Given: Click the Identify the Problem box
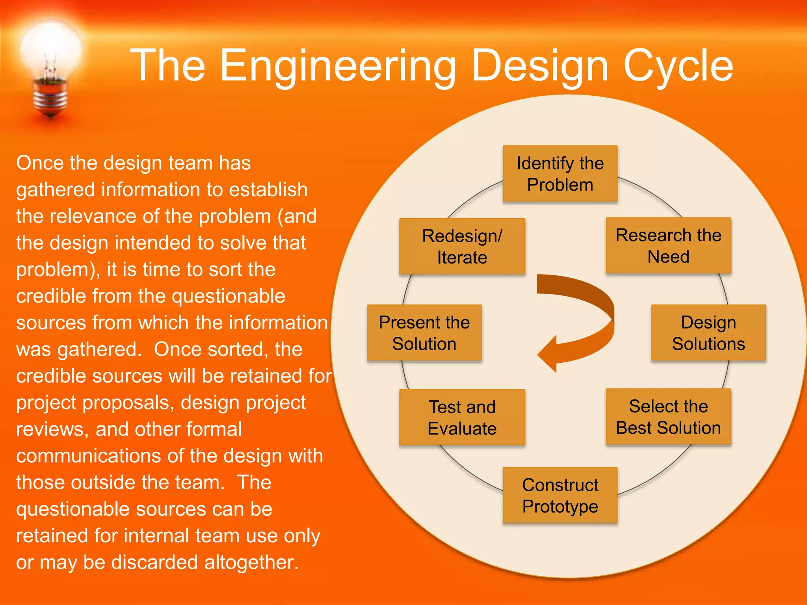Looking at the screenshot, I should pyautogui.click(x=560, y=174).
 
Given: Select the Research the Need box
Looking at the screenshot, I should pyautogui.click(x=668, y=245).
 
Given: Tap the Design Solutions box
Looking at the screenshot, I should pyautogui.click(x=708, y=333).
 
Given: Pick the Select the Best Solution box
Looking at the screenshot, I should pyautogui.click(x=668, y=417).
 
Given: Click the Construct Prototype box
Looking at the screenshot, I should pyautogui.click(x=560, y=495).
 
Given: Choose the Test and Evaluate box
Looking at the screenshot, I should pyautogui.click(x=462, y=417).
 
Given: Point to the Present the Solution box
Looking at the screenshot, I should pyautogui.click(x=424, y=333).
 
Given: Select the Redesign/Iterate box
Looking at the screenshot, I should pyautogui.click(x=462, y=246).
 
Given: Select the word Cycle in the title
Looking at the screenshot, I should pyautogui.click(x=678, y=66).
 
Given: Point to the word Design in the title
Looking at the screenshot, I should pyautogui.click(x=540, y=66).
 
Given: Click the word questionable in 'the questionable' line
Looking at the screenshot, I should pyautogui.click(x=229, y=296).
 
